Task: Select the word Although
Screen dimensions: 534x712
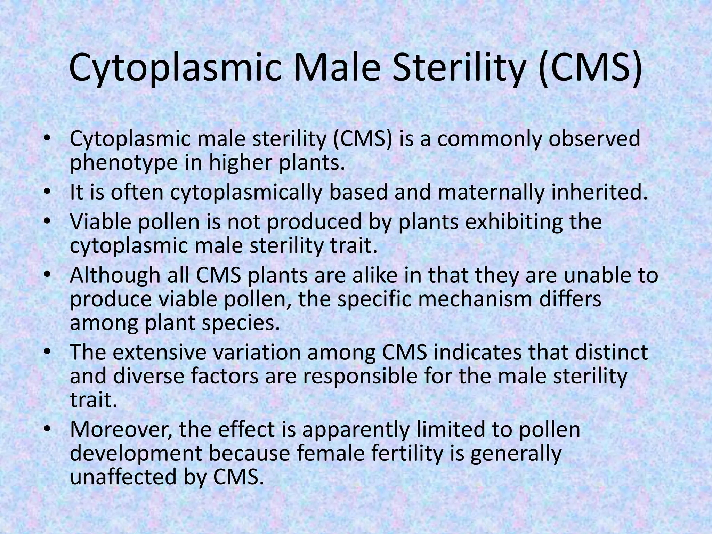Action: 115,275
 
